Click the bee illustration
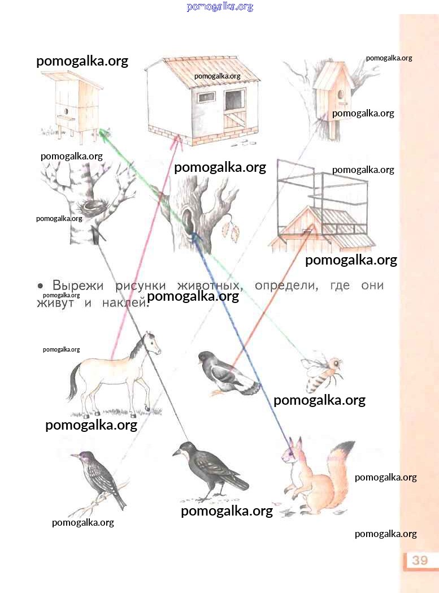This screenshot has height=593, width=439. coord(323,374)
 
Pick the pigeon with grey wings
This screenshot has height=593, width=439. coord(228,374)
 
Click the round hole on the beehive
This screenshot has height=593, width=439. coord(66,111)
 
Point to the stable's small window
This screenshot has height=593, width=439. coord(206,97)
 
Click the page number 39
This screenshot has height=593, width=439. coord(420,560)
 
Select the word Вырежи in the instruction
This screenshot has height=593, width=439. coord(77,285)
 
